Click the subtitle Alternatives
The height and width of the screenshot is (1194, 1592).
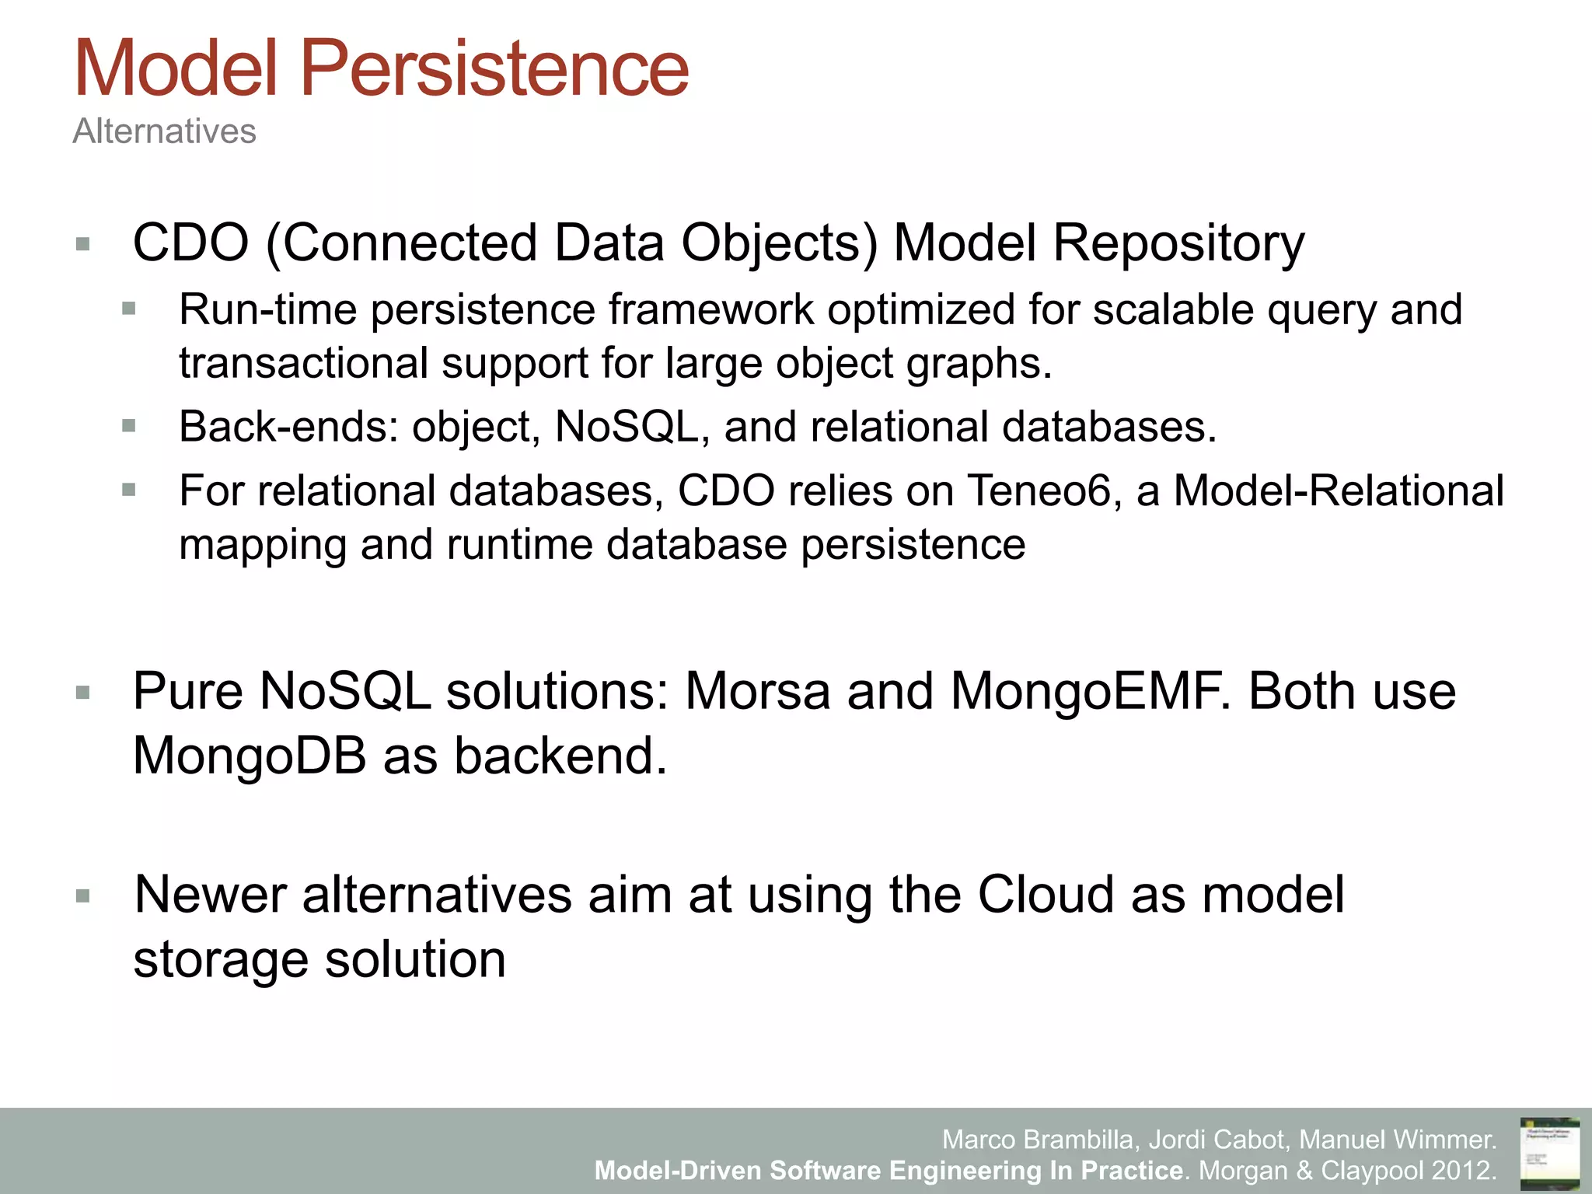coord(164,131)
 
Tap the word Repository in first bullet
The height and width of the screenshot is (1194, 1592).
coord(1178,243)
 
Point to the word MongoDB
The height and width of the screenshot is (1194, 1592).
coord(250,756)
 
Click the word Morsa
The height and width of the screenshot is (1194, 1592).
coord(757,691)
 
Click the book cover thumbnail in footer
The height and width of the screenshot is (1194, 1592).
coord(1549,1153)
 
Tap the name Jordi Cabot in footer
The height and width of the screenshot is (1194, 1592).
coord(1217,1140)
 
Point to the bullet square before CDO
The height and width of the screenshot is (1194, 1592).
coord(83,245)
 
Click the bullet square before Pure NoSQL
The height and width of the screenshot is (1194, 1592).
coord(83,693)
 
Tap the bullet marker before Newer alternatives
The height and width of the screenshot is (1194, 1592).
coord(83,896)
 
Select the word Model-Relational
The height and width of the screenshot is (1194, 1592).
coord(1339,491)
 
